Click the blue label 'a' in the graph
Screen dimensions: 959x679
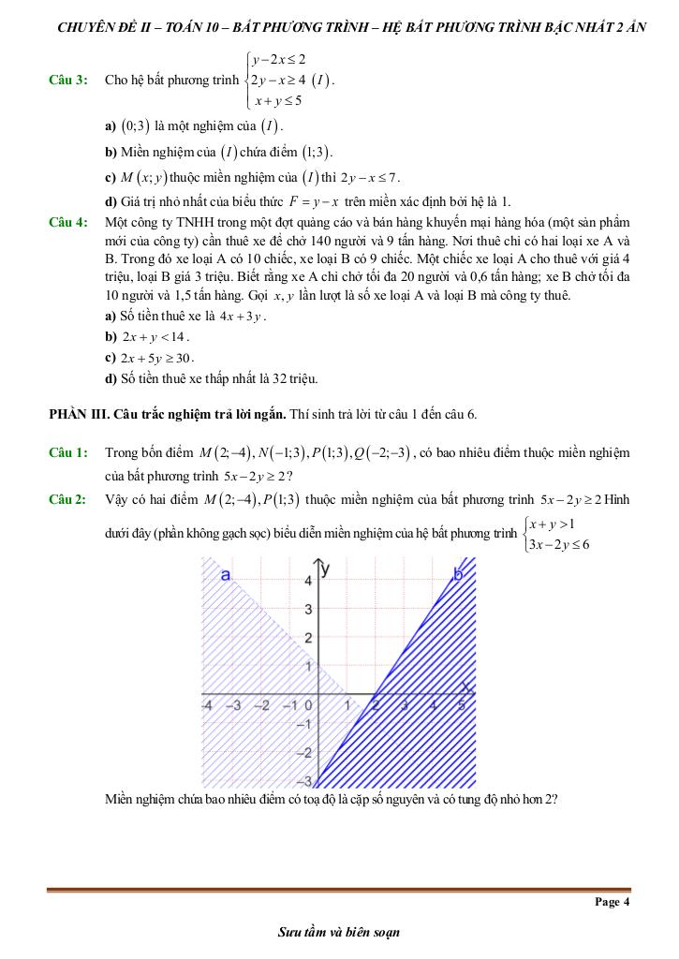(225, 575)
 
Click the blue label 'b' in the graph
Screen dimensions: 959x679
(458, 573)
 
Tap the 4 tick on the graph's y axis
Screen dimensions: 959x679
(308, 581)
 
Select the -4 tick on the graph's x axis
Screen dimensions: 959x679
(208, 705)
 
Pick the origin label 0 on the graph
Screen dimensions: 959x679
(310, 705)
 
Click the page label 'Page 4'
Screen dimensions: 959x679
(613, 902)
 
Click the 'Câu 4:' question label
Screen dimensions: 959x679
(67, 222)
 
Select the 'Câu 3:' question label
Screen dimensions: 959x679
(67, 81)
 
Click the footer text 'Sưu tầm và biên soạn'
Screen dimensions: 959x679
(339, 932)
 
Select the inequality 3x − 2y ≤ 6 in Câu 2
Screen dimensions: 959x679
(559, 544)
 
